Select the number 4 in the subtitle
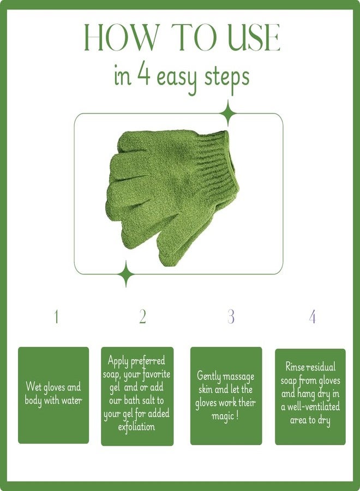[144, 76]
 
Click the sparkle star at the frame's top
[227, 114]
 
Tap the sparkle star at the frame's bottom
[127, 274]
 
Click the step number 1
[56, 316]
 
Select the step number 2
[142, 316]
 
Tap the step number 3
[231, 316]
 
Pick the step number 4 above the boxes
[312, 316]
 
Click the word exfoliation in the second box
[136, 427]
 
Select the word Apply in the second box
[118, 361]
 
